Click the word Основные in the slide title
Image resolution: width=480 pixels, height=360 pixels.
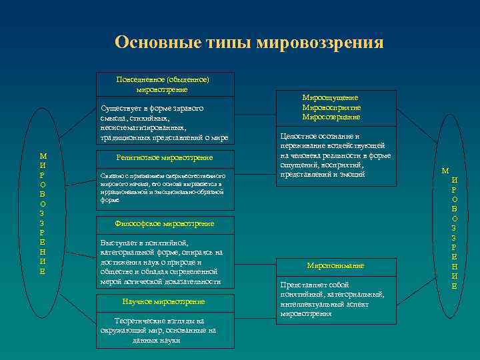[149, 43]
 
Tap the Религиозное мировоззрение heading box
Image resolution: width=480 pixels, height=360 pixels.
[164, 157]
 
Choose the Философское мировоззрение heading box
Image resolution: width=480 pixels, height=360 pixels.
[164, 223]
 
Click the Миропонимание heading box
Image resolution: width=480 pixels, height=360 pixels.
[335, 266]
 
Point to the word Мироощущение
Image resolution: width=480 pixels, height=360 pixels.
[330, 97]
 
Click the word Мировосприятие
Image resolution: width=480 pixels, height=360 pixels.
[331, 107]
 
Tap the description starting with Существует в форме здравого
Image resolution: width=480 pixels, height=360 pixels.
[164, 123]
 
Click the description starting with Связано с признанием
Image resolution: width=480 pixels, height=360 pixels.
[164, 187]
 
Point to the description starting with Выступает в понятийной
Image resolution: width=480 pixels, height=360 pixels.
[164, 262]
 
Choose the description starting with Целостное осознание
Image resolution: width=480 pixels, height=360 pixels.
[335, 155]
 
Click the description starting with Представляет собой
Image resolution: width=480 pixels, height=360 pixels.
[335, 298]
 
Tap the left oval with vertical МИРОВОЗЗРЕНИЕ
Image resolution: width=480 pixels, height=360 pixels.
[43, 213]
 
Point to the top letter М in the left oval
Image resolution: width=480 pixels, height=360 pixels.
[43, 155]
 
